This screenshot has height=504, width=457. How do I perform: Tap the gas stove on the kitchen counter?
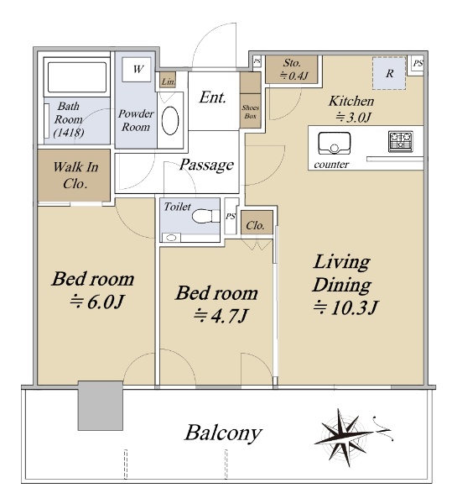pyautogui.click(x=401, y=141)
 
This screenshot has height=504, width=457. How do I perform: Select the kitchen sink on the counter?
pyautogui.click(x=334, y=144)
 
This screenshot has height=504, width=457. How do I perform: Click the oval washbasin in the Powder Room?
pyautogui.click(x=170, y=120)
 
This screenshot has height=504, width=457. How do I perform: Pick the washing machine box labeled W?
pyautogui.click(x=137, y=70)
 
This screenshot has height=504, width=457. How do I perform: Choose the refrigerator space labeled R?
pyautogui.click(x=389, y=73)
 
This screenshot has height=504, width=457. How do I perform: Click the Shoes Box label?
pyautogui.click(x=251, y=112)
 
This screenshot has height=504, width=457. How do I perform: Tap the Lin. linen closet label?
pyautogui.click(x=168, y=81)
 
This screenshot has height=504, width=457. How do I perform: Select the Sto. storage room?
pyautogui.click(x=292, y=70)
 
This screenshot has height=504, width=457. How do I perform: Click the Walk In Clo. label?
pyautogui.click(x=75, y=176)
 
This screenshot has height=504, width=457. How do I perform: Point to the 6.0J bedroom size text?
pyautogui.click(x=97, y=302)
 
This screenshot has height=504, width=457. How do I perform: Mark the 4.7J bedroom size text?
pyautogui.click(x=221, y=316)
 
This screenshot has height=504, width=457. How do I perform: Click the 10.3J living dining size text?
pyautogui.click(x=346, y=307)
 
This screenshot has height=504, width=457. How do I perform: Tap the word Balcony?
pyautogui.click(x=223, y=433)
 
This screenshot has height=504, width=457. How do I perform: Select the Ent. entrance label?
pyautogui.click(x=212, y=97)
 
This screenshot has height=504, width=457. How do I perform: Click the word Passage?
pyautogui.click(x=206, y=165)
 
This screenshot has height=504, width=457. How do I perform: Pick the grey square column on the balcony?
pyautogui.click(x=101, y=406)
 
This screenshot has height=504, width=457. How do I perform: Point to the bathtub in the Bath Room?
pyautogui.click(x=77, y=77)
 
